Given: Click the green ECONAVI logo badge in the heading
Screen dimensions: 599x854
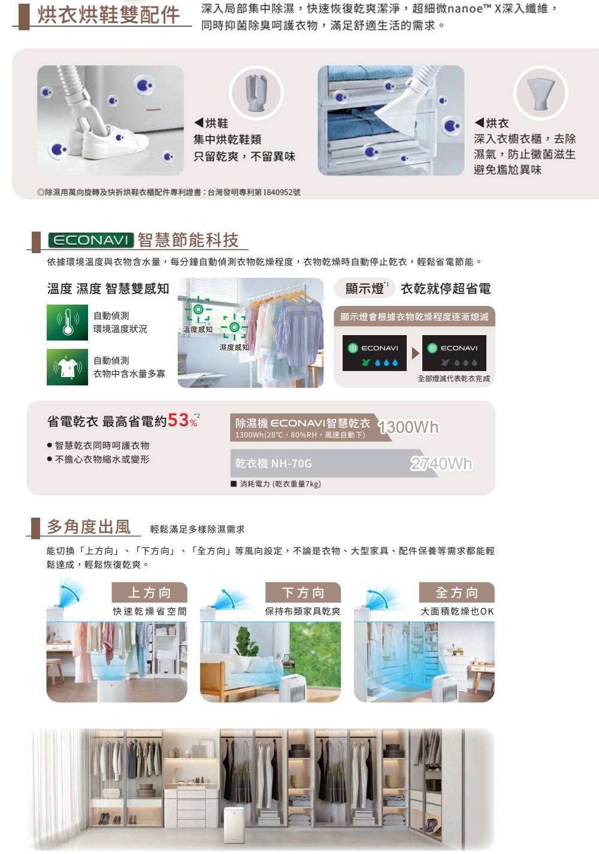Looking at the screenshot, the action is (x=91, y=240).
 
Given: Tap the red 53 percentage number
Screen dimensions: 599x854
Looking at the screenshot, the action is (x=178, y=420).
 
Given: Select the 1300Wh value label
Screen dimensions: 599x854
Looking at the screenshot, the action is (x=409, y=427).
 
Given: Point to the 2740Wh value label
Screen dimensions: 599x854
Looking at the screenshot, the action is (x=441, y=464).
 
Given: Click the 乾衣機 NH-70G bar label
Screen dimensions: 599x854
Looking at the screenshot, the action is (x=273, y=463).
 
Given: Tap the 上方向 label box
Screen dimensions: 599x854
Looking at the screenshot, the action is (x=150, y=592).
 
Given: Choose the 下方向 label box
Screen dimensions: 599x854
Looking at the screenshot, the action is (x=303, y=592).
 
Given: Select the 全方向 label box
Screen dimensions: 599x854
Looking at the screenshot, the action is (x=456, y=592).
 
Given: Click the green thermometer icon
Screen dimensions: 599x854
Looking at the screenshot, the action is (x=68, y=322).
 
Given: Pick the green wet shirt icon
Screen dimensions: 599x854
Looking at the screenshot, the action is (x=68, y=367).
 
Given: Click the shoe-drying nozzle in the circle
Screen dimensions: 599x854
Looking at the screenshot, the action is (x=256, y=93).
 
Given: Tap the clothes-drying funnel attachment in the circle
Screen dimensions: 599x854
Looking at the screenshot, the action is (x=541, y=93).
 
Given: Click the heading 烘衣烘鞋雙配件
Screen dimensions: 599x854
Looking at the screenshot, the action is (x=109, y=15).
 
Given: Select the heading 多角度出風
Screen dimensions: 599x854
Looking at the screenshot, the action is (x=89, y=527).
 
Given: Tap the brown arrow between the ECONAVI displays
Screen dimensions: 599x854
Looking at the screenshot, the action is (x=416, y=354).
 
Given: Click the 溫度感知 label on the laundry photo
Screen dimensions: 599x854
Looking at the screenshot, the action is (x=198, y=329).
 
